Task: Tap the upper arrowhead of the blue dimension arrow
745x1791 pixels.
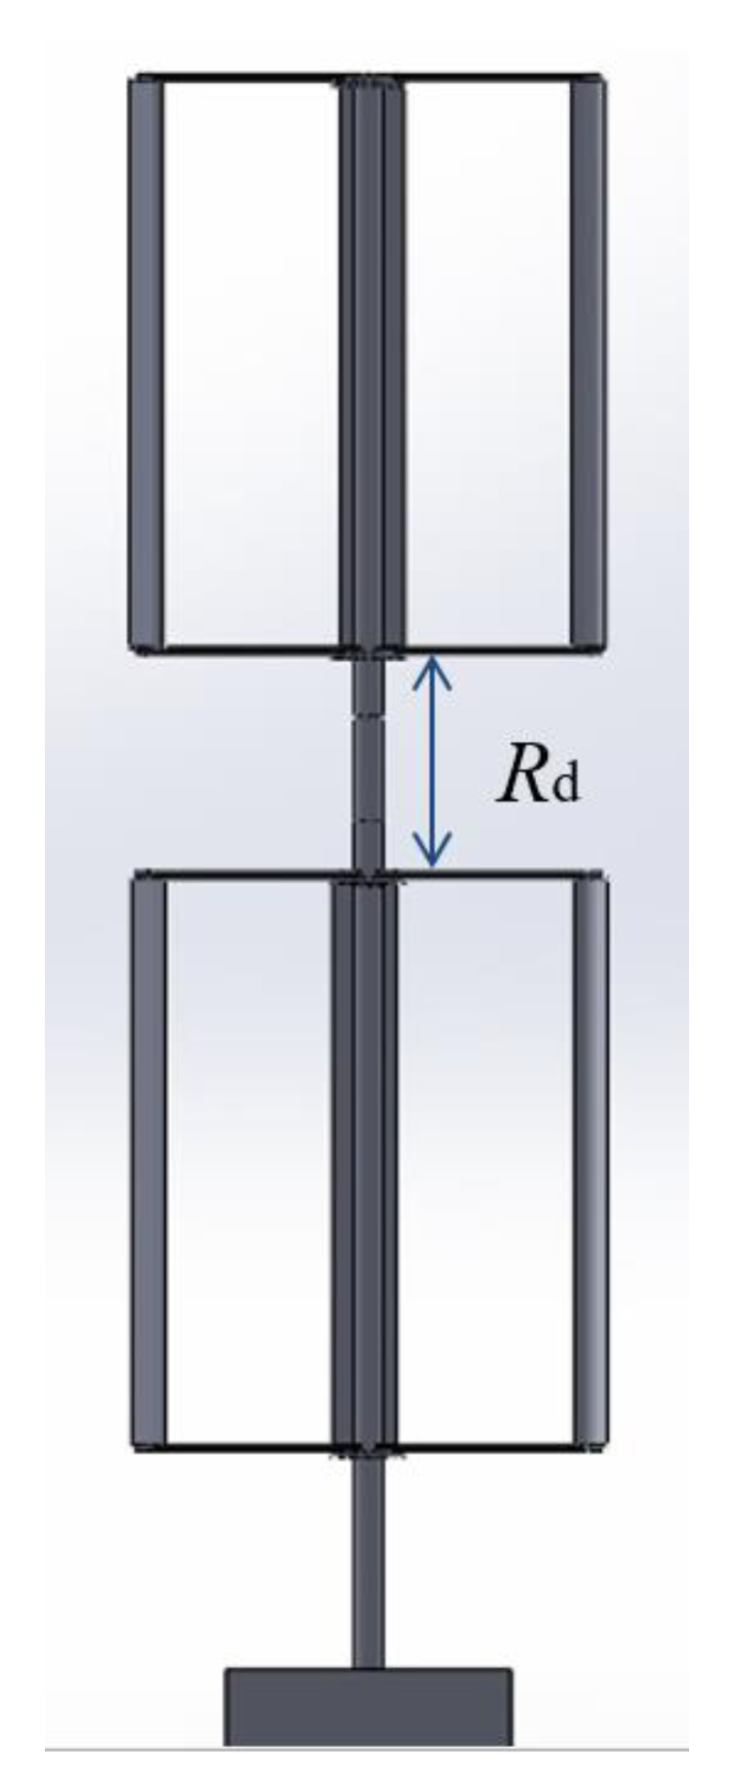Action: (430, 666)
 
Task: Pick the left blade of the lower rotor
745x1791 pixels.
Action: (149, 1163)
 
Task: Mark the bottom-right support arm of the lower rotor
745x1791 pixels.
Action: (485, 1449)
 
